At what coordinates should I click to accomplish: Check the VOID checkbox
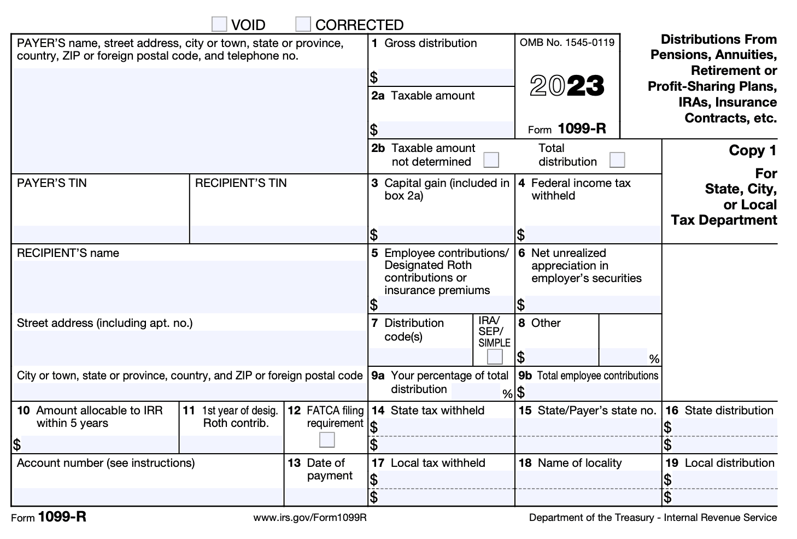(x=219, y=25)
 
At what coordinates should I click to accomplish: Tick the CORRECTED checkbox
(x=303, y=25)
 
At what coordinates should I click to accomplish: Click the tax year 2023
(x=567, y=86)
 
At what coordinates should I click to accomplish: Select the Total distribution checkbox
(x=617, y=160)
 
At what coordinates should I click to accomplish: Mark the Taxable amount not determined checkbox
(x=491, y=160)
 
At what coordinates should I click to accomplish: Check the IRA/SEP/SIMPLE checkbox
(x=495, y=356)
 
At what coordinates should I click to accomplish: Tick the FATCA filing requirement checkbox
(x=327, y=440)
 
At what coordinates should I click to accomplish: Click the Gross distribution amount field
(x=445, y=77)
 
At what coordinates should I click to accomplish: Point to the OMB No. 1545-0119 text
(x=567, y=43)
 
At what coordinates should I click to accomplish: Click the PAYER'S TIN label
(x=52, y=183)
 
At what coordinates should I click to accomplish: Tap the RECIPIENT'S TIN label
(x=241, y=183)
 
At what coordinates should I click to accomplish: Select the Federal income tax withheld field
(x=593, y=235)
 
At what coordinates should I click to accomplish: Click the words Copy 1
(x=752, y=150)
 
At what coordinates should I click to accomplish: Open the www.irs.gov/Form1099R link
(x=310, y=517)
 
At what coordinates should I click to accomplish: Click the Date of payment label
(x=325, y=469)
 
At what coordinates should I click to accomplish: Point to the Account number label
(x=106, y=463)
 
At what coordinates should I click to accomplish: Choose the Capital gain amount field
(x=445, y=235)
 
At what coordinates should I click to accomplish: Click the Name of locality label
(x=579, y=463)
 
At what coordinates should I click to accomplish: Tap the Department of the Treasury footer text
(x=652, y=517)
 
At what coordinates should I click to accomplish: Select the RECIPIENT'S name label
(x=68, y=253)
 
